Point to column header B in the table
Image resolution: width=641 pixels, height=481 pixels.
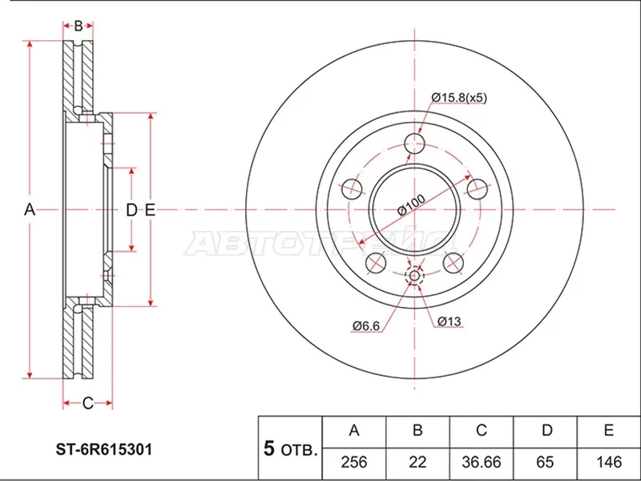[x=417, y=431]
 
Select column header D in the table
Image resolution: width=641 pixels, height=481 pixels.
[x=546, y=431]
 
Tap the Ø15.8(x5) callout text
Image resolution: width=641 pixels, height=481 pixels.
[x=459, y=98]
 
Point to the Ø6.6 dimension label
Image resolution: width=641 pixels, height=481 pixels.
[x=364, y=325]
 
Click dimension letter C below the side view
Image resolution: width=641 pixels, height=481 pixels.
[x=87, y=402]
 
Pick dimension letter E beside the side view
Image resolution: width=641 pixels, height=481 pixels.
[x=149, y=210]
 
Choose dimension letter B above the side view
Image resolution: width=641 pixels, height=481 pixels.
[x=78, y=26]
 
